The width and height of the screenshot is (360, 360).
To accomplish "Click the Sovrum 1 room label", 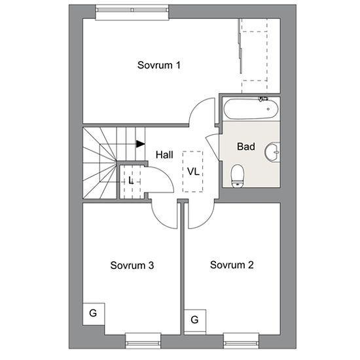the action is (x=158, y=65).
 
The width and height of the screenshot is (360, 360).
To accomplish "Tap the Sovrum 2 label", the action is (x=232, y=265).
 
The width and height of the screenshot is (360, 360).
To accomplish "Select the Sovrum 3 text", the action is (x=132, y=265).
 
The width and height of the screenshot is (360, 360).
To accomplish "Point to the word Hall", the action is (x=164, y=154).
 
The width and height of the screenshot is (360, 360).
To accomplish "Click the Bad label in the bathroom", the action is (x=246, y=147).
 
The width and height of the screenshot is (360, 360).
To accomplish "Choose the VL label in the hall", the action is (x=193, y=171).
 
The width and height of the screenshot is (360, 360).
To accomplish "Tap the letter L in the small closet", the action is (x=131, y=181).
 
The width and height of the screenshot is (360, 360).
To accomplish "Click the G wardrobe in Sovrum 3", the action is (x=94, y=314).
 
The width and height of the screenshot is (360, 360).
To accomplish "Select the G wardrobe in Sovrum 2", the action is (x=195, y=321).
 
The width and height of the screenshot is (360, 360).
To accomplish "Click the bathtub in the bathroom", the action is (x=251, y=109).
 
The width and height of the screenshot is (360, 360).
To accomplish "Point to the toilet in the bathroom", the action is (x=237, y=175).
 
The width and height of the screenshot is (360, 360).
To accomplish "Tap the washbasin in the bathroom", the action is (x=272, y=152).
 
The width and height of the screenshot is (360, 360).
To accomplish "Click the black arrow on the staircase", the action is (x=141, y=144).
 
